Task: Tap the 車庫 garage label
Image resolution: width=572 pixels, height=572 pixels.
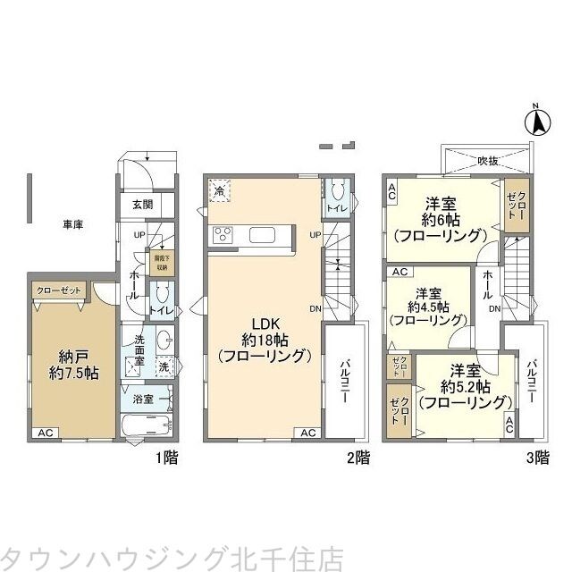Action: (72, 225)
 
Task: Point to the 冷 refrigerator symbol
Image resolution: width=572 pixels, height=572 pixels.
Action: (220, 190)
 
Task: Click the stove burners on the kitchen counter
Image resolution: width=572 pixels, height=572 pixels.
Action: (222, 236)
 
